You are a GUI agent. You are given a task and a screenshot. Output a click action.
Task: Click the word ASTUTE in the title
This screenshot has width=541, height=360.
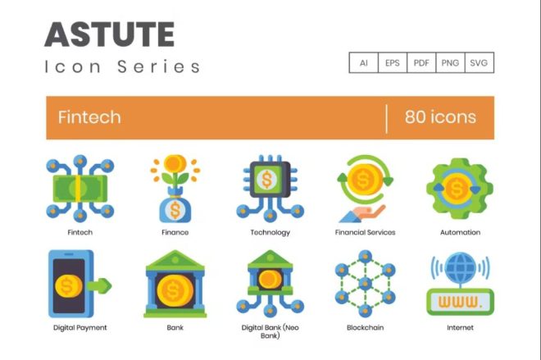110,34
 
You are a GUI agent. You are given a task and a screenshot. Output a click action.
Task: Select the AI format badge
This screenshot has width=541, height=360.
363,62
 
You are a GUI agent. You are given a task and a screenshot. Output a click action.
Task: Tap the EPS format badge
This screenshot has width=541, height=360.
392,62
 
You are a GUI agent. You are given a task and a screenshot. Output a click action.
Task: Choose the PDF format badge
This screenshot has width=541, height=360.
421,62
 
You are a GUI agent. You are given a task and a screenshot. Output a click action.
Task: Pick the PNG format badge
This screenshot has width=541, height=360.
450,62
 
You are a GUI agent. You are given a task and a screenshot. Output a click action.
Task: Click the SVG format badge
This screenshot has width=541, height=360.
480,62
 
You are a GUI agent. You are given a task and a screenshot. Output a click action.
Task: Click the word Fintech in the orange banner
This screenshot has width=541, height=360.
89,116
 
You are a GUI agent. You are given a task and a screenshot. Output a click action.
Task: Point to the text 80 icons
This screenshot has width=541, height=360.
440,116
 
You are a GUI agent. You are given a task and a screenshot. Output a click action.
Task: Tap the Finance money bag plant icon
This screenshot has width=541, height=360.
175,189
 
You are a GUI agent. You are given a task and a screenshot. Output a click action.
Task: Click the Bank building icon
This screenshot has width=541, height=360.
175,284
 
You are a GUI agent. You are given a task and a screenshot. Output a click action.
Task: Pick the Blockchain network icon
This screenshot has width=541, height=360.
365,284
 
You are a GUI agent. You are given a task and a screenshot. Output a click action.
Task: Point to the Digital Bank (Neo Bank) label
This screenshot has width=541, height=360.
270,330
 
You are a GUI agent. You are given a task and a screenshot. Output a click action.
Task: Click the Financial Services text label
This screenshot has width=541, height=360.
365,232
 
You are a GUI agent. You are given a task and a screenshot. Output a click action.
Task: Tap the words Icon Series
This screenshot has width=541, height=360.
123,67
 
